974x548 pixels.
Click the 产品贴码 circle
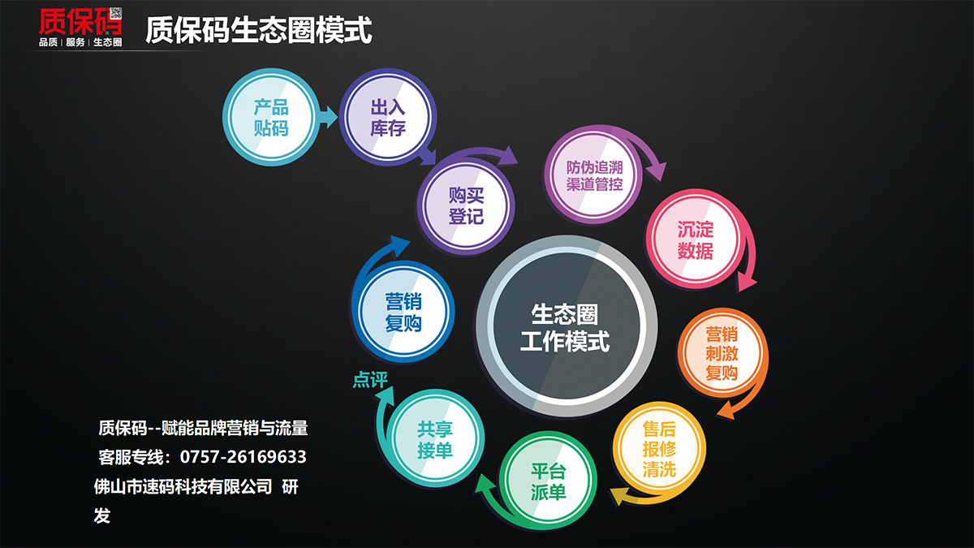271,117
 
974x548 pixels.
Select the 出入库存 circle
387,117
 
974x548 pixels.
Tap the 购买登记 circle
466,205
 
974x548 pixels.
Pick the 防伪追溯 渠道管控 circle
593,175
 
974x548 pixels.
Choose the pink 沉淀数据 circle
695,239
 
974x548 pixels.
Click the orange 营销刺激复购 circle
722,353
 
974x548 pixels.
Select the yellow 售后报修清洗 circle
659,449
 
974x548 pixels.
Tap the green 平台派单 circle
548,481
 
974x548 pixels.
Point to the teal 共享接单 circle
435,438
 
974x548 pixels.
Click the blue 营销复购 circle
403,312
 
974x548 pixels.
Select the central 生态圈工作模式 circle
567,326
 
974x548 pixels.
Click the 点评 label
370,380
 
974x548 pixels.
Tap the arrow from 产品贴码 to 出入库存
329,117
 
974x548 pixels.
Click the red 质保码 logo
80,27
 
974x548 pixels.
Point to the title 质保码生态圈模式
259,30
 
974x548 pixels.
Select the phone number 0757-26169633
243,457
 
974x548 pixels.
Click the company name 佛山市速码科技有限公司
183,486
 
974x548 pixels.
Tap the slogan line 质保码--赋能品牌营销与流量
203,429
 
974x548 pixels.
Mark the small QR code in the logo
115,13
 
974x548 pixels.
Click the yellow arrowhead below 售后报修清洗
619,496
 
